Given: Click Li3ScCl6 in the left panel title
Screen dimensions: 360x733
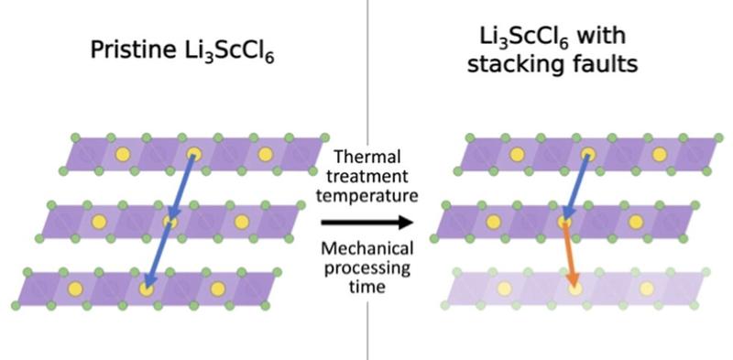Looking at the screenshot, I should (x=227, y=52).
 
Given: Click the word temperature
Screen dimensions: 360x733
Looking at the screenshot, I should (x=368, y=195).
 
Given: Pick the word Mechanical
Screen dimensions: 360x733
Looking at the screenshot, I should (x=368, y=248).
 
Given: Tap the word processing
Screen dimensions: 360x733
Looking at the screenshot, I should (x=368, y=267).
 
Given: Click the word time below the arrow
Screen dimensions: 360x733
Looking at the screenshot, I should (x=368, y=287).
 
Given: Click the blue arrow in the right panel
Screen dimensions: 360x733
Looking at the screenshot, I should (x=577, y=188).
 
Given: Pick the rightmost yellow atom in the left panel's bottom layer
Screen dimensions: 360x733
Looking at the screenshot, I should (x=217, y=289).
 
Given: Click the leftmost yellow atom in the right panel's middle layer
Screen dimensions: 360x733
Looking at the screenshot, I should (x=494, y=222).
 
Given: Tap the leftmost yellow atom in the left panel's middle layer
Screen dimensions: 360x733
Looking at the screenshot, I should (x=98, y=222).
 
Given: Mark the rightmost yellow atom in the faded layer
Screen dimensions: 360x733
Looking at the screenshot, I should (x=647, y=289).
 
